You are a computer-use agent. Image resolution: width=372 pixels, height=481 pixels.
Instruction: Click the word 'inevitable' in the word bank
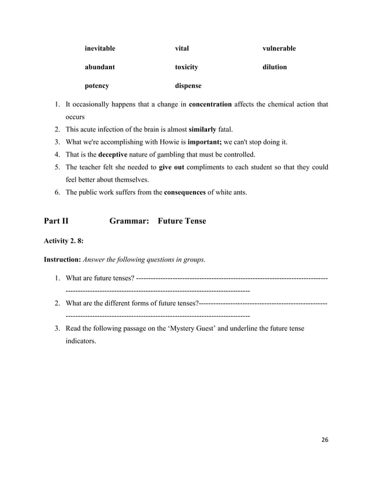point(100,48)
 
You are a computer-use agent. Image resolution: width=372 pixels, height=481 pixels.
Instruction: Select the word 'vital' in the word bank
point(182,48)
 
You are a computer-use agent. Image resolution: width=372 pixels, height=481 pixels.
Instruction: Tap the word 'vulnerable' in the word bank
point(279,48)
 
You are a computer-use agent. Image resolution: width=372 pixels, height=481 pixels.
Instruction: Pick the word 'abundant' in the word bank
point(99,67)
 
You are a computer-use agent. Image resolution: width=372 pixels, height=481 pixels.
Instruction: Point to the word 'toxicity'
point(187,67)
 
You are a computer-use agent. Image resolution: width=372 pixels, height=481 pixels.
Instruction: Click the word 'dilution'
point(274,67)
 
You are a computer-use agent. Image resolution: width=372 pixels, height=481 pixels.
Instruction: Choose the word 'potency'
point(96,86)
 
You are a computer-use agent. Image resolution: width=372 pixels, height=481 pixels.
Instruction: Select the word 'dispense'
point(188,86)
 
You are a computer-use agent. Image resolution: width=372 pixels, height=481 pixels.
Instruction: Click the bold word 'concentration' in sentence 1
point(210,104)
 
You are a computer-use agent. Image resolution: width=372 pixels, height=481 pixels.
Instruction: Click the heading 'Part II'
point(56,221)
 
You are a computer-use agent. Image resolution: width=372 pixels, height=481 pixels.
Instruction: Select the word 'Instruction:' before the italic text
point(62,259)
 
